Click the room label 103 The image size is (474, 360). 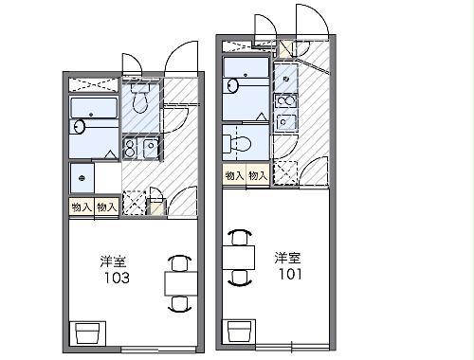pyautogui.click(x=118, y=279)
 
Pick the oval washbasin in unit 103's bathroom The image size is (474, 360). pyautogui.click(x=80, y=126)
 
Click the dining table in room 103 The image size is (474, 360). pyautogui.click(x=178, y=283)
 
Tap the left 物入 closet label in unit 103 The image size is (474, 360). pyautogui.click(x=81, y=207)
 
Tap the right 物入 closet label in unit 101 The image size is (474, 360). pyautogui.click(x=258, y=176)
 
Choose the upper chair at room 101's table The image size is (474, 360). pyautogui.click(x=241, y=235)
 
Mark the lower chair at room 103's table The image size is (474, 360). pyautogui.click(x=178, y=304)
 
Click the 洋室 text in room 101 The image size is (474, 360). pyautogui.click(x=289, y=257)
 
